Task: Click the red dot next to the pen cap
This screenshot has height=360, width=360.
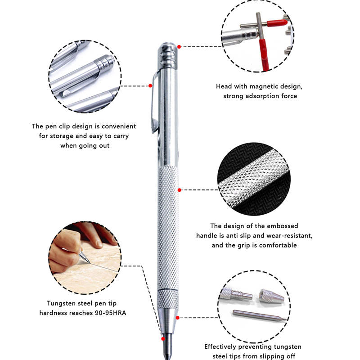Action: [x=179, y=47]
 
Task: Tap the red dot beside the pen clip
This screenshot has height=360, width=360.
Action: [x=150, y=85]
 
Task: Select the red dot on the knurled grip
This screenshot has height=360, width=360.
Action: [x=179, y=190]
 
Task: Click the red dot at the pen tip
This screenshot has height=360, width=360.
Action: [x=163, y=339]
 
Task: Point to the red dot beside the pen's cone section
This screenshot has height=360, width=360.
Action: [x=177, y=318]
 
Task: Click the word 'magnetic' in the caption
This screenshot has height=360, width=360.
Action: [x=263, y=86]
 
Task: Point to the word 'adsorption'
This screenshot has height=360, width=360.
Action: [x=262, y=96]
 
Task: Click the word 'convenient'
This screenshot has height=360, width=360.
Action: [x=119, y=126]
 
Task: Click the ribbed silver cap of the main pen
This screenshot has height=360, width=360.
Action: [x=168, y=56]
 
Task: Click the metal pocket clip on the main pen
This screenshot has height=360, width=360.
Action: [x=155, y=102]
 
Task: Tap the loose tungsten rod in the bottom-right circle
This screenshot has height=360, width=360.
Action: [x=260, y=315]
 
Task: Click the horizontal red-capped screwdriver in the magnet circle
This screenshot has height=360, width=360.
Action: [x=264, y=24]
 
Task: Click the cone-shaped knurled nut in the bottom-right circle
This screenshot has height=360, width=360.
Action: [x=271, y=296]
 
